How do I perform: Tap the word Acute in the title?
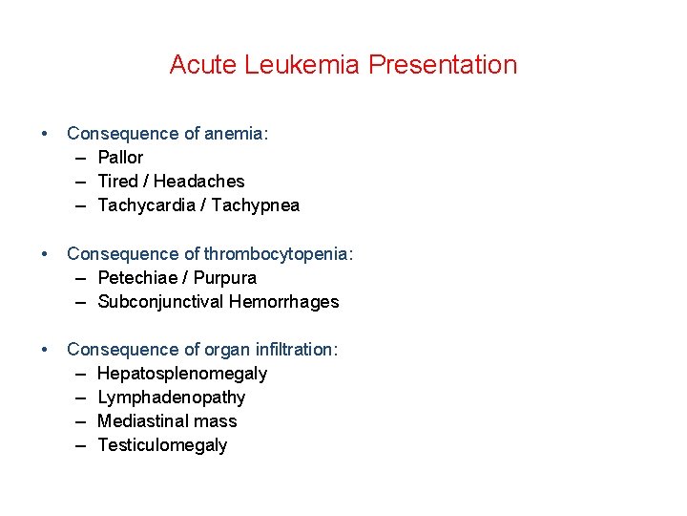pos(203,65)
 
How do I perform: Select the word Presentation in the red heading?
pos(443,65)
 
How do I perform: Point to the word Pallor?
pos(120,158)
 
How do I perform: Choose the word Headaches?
pos(198,182)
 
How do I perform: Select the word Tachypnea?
pos(256,205)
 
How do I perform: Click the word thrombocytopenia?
pos(281,254)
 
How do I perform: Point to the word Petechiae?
pos(137,278)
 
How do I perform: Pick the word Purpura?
pos(226,278)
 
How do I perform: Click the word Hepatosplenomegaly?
pos(182,374)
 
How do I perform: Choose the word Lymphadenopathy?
pos(172,398)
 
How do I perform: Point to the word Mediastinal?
pos(142,421)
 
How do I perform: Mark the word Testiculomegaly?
pos(162,445)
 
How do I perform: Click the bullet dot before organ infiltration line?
pos(45,350)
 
